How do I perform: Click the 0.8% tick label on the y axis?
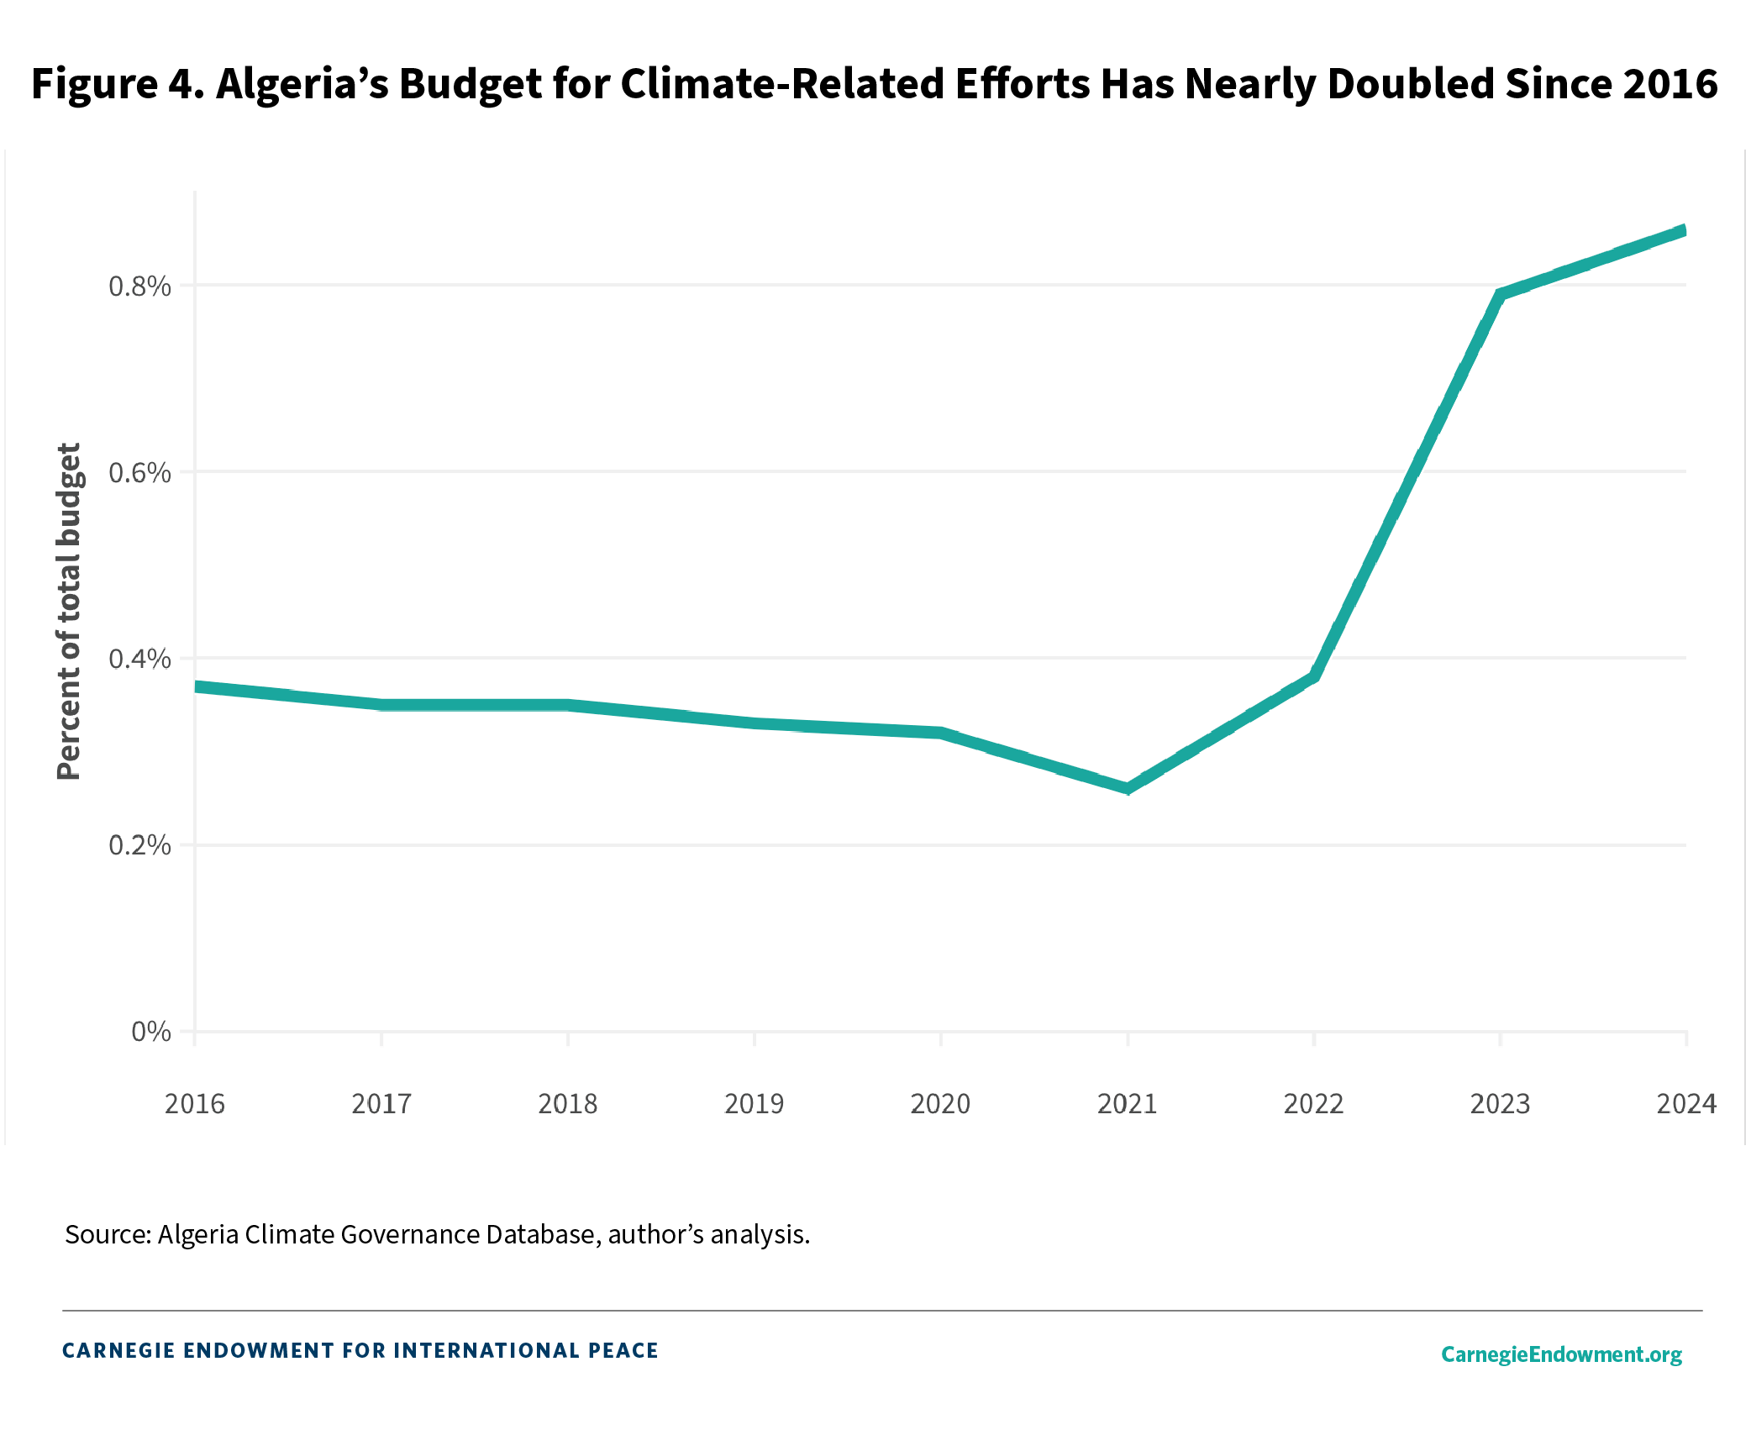tap(139, 287)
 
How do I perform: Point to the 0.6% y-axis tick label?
tap(139, 473)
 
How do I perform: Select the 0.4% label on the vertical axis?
tap(139, 660)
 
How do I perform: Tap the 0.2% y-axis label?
tap(139, 845)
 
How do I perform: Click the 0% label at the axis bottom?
tap(151, 1032)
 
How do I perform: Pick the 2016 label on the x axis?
tap(195, 1104)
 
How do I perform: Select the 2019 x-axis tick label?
tap(755, 1104)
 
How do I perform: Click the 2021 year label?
tap(1128, 1104)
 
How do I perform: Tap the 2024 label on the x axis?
tap(1685, 1104)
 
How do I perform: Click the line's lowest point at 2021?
tap(1128, 788)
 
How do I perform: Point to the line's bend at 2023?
tap(1501, 295)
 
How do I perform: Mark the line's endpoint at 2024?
tap(1684, 231)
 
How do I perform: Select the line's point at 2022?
tap(1314, 676)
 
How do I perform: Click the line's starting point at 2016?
tap(197, 686)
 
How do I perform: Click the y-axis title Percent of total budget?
tap(69, 612)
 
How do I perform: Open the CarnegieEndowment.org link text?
tap(1561, 1354)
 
